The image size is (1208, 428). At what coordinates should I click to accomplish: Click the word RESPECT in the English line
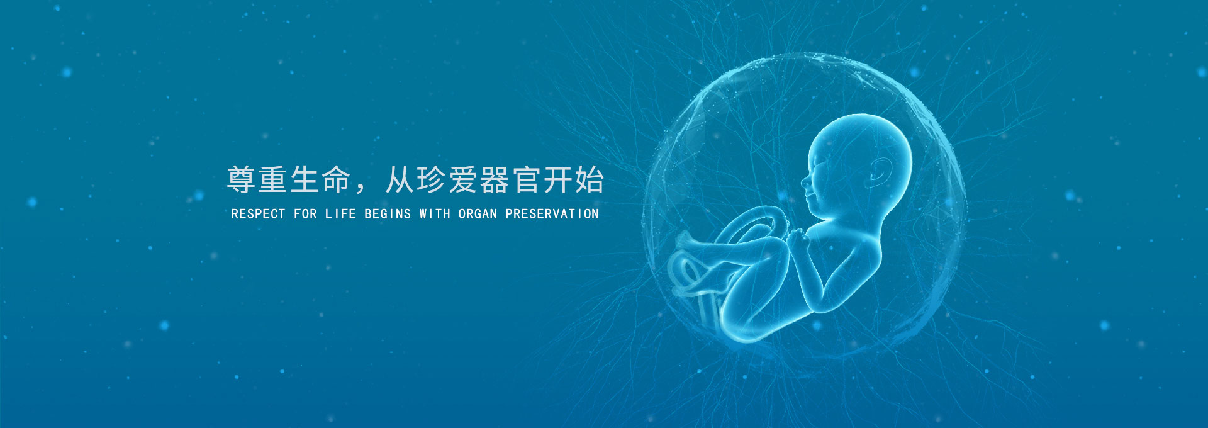click(258, 214)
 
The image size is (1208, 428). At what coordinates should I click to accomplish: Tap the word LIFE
click(340, 214)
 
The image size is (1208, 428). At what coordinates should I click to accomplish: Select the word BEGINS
click(388, 214)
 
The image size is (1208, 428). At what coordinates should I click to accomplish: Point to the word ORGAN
click(478, 214)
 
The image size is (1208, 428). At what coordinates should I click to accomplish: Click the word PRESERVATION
click(552, 214)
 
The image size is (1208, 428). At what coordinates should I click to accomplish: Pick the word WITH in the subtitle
click(435, 214)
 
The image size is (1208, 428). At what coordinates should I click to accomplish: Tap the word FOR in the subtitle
click(305, 214)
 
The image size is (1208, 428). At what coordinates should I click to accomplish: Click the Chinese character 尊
click(242, 180)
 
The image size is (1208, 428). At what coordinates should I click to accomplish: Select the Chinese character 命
click(336, 180)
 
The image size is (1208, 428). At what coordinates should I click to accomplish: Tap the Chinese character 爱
click(463, 180)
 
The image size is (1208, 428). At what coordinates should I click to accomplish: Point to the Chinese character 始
click(590, 180)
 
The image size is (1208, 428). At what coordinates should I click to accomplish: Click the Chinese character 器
click(495, 180)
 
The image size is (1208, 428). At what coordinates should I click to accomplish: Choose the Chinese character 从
click(400, 180)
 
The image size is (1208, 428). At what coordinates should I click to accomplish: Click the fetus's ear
click(880, 172)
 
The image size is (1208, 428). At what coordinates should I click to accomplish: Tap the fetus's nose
click(805, 182)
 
